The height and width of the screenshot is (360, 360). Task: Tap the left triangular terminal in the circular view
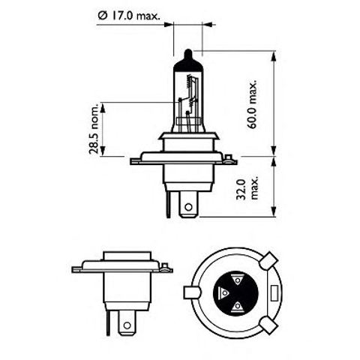tap(224, 293)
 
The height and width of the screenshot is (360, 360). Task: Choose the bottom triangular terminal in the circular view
tap(238, 306)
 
